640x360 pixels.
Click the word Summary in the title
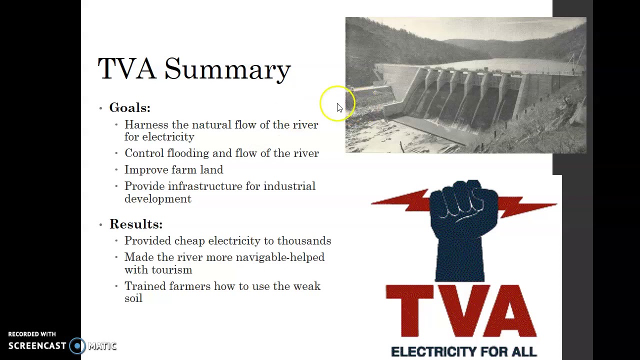(x=227, y=69)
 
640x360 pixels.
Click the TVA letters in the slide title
(x=126, y=69)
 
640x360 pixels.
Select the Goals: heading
(x=129, y=108)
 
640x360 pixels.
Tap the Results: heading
(x=135, y=224)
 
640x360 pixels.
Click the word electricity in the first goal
(x=168, y=137)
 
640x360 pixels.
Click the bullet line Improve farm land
(x=173, y=170)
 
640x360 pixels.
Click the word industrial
(x=289, y=186)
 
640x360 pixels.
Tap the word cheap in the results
(x=189, y=241)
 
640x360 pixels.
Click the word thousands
(x=304, y=241)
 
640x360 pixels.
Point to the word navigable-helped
(x=280, y=257)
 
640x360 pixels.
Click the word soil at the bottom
(x=133, y=298)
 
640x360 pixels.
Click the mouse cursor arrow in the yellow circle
(x=339, y=107)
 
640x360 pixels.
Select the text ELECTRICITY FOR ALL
(x=463, y=352)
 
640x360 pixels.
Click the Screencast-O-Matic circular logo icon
(x=77, y=346)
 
